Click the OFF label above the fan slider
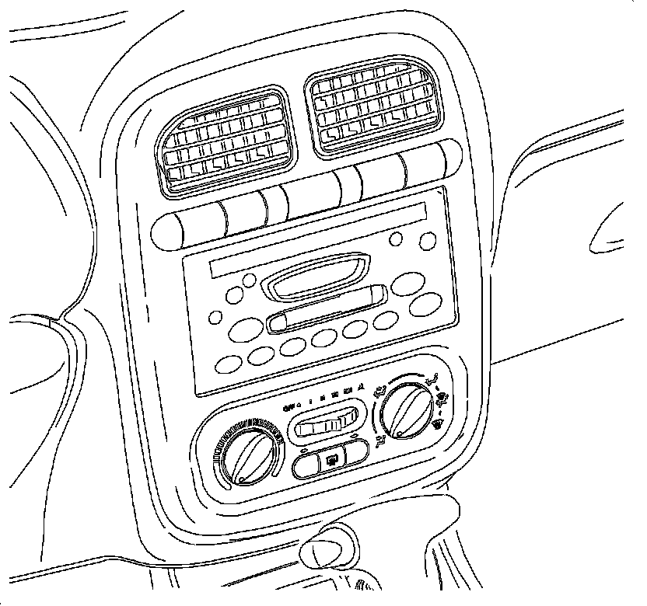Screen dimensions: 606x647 [289, 407]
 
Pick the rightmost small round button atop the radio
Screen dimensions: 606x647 [426, 241]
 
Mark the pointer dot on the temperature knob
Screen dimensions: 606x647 [246, 472]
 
